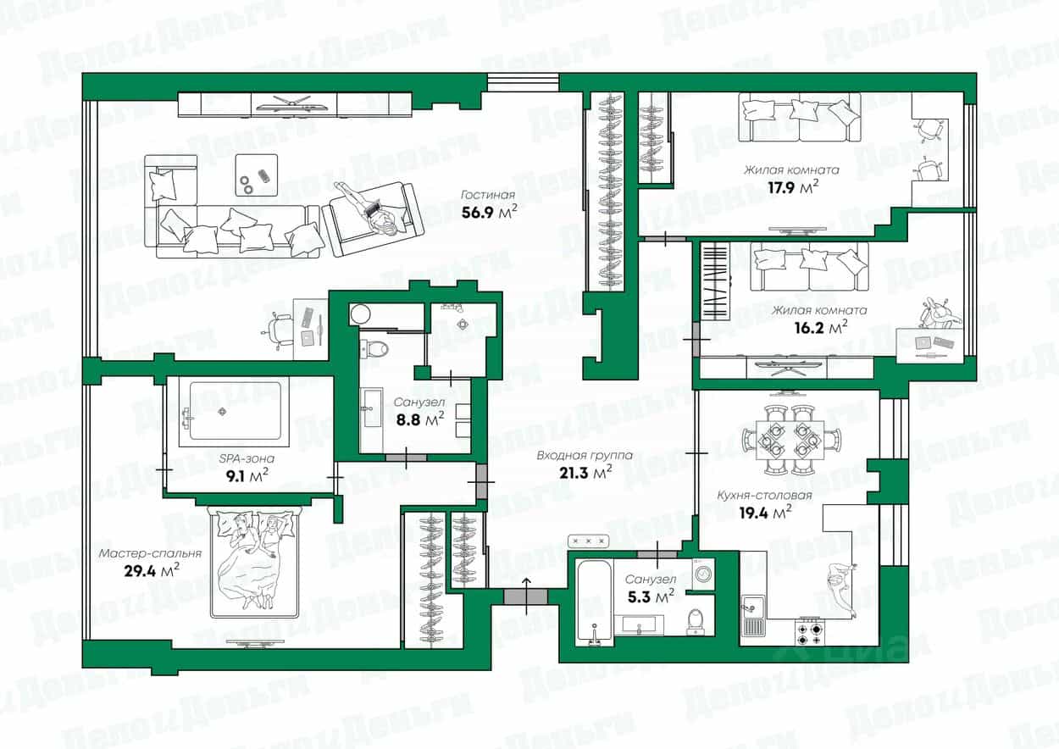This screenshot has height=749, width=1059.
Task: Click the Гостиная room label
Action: click(x=488, y=195)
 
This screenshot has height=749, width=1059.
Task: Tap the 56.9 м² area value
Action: click(x=489, y=212)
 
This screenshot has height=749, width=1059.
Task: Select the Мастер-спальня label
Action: click(x=150, y=553)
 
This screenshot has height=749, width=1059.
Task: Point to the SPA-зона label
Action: click(x=247, y=458)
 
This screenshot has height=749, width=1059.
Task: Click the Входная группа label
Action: click(x=585, y=455)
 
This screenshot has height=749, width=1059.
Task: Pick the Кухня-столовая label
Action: click(x=764, y=496)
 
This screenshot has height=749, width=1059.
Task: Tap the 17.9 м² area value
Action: click(x=792, y=187)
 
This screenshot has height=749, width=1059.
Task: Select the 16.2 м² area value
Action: click(x=820, y=327)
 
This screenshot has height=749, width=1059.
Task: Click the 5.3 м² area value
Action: click(x=651, y=597)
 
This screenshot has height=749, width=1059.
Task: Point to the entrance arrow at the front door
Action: click(x=526, y=596)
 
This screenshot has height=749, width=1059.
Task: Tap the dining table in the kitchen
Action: click(x=790, y=440)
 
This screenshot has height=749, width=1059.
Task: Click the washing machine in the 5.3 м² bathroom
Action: click(x=703, y=574)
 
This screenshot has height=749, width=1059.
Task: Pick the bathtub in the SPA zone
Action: click(x=235, y=412)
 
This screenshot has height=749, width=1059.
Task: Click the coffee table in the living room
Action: click(x=257, y=175)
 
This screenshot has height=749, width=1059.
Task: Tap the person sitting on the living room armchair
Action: click(x=369, y=208)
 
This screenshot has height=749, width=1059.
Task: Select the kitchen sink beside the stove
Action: click(x=752, y=615)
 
